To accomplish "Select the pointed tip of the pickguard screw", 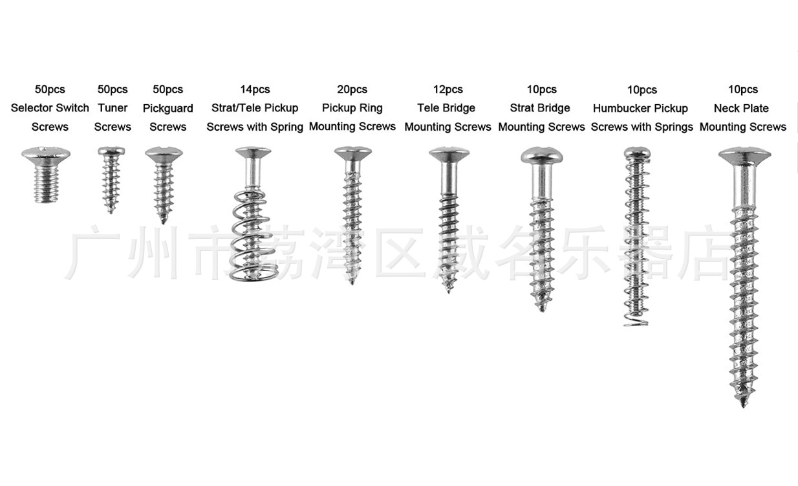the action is [x=164, y=219].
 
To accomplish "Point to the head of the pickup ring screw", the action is [x=352, y=153].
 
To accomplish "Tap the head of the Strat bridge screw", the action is [x=542, y=155].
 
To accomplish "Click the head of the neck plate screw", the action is [x=744, y=155].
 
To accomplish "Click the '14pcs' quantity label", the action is [x=255, y=90].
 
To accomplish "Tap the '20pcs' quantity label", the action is [x=352, y=90].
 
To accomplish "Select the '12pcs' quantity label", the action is [x=448, y=90].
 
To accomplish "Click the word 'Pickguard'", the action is [x=167, y=109].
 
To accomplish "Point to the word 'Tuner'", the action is [x=113, y=108].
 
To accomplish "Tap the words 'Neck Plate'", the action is [x=741, y=108].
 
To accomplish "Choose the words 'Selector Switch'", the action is [x=50, y=108].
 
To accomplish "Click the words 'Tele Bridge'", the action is [x=446, y=108].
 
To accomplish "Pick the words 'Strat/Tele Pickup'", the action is [x=255, y=108].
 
